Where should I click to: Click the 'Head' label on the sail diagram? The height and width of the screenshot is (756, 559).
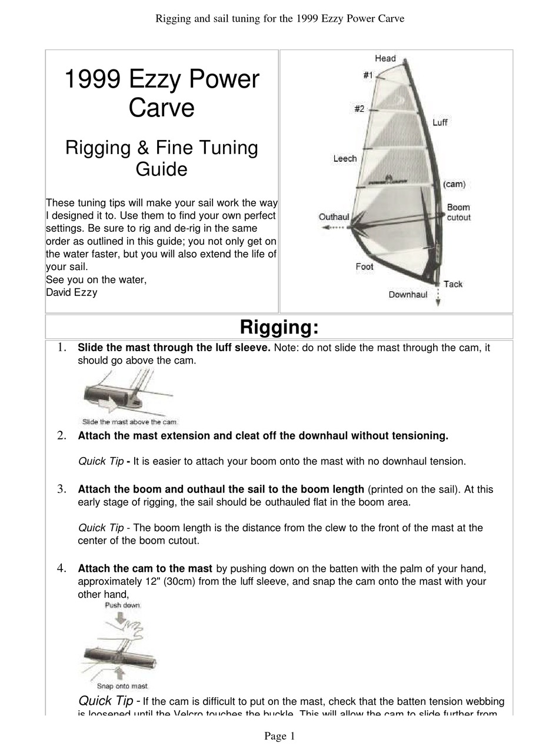coord(385,58)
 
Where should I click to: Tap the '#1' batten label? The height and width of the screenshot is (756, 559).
coord(368,75)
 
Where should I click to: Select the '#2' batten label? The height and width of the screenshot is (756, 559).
coord(359,109)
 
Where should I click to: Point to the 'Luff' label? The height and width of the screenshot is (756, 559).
coord(440,122)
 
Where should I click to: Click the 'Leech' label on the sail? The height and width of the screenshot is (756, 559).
coord(345,158)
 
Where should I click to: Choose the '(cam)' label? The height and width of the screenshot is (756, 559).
coord(454,184)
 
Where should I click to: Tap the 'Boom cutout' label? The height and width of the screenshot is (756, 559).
coord(458,212)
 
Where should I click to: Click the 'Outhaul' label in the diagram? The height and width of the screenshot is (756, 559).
coord(334,217)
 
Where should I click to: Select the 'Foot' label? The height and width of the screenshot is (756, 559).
coord(364,267)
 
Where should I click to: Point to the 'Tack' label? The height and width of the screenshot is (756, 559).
coord(452,284)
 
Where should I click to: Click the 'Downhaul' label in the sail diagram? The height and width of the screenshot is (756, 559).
coord(408,294)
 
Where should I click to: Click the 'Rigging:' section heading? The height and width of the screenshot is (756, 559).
coord(279,327)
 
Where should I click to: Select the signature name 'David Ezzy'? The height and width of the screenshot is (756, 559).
coord(72,292)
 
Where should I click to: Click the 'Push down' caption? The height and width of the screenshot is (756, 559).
coord(122,605)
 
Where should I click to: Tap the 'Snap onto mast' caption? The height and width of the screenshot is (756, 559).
coord(122,686)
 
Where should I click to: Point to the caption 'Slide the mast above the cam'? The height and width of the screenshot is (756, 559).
coord(129,422)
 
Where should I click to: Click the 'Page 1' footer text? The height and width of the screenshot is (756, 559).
coord(279,736)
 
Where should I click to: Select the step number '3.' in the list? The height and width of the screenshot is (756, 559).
coord(61,489)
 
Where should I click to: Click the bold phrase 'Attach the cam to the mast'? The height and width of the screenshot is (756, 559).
coord(145,568)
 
